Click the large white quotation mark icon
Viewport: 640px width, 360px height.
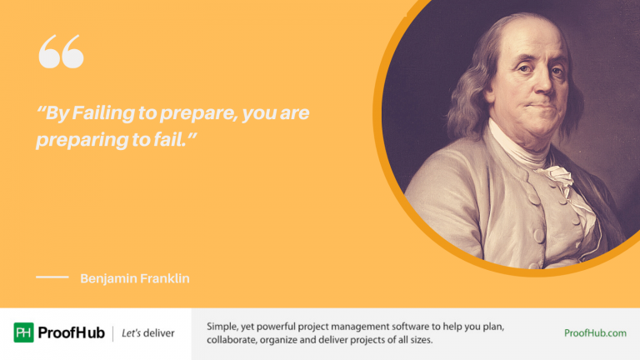61,52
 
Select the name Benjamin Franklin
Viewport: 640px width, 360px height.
135,278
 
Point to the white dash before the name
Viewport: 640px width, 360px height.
52,277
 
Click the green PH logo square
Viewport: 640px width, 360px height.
24,332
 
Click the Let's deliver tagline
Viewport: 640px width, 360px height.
148,333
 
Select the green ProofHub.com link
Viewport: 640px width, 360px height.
595,333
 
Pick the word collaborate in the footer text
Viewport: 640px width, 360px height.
236,341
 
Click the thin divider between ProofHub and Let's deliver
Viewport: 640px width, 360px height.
112,333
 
